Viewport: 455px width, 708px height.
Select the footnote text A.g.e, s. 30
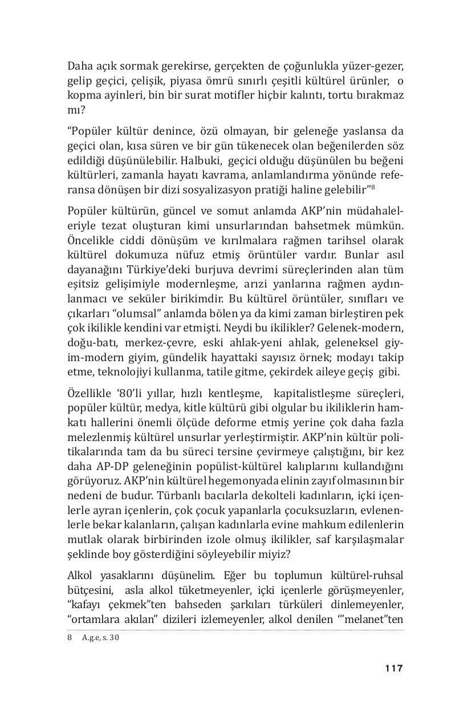(x=101, y=638)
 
